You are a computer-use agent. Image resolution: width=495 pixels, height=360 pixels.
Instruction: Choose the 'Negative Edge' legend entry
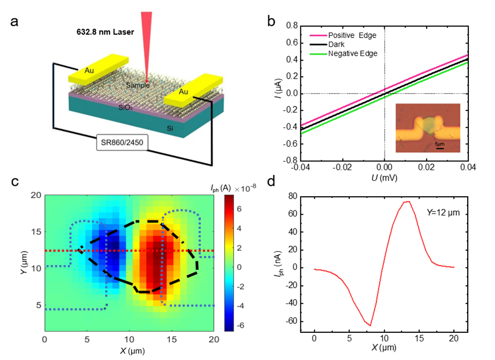(x=352, y=53)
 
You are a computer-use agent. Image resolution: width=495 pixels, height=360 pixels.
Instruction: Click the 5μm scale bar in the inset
(x=439, y=146)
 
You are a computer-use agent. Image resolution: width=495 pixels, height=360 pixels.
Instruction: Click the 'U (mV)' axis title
(x=384, y=177)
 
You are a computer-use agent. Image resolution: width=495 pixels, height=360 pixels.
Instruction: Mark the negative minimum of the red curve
(x=370, y=325)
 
